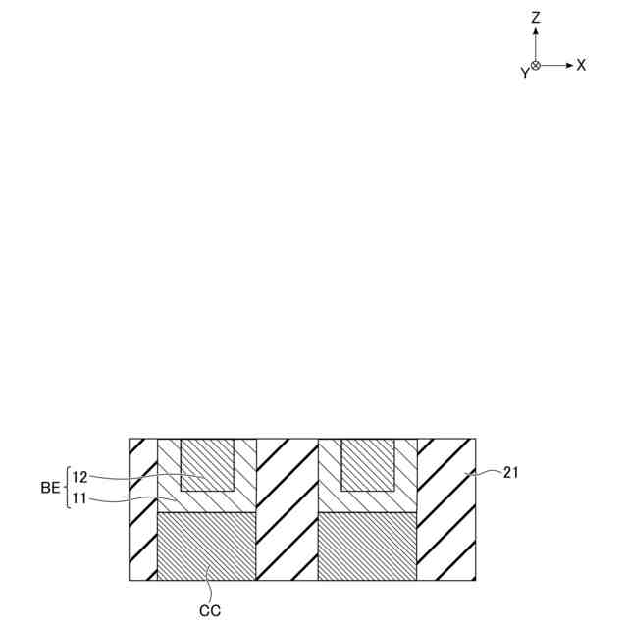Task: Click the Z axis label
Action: tap(536, 18)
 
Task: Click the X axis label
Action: tap(581, 65)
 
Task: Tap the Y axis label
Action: tap(525, 73)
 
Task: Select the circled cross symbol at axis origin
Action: tap(536, 66)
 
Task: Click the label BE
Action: tap(50, 488)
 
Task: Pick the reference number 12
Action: tap(79, 477)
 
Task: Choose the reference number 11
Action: tap(79, 499)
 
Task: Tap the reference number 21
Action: tap(510, 473)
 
